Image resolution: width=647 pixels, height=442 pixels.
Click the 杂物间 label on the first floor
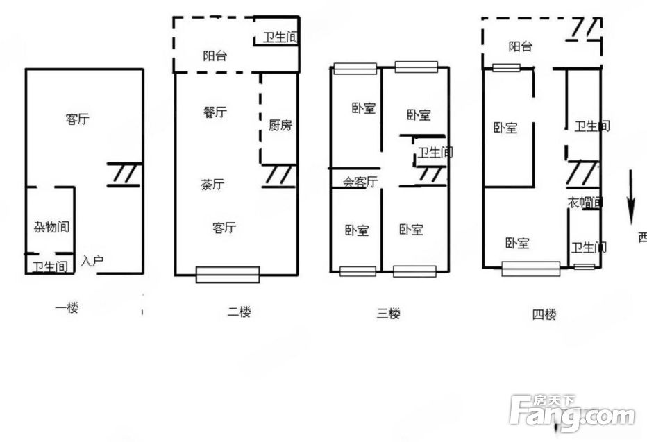click(51, 227)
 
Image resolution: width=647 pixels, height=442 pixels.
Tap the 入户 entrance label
click(92, 261)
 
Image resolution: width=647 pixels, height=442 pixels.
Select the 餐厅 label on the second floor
click(215, 112)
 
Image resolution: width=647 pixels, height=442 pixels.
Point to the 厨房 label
click(280, 125)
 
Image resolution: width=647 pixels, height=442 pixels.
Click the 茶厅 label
click(212, 184)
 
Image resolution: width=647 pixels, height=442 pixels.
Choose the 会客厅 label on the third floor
click(360, 181)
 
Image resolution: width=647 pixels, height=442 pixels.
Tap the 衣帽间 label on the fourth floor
click(585, 203)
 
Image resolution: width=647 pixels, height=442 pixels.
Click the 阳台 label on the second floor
click(215, 56)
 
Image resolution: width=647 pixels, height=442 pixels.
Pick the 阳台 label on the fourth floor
click(521, 46)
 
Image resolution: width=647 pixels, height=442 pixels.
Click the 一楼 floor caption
click(67, 307)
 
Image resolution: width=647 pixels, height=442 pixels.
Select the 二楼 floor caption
click(240, 312)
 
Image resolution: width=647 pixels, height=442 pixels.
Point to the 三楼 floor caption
click(388, 314)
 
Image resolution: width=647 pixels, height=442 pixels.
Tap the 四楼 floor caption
click(544, 314)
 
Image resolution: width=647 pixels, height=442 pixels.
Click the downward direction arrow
click(630, 197)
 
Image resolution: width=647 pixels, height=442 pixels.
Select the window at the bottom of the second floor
click(228, 275)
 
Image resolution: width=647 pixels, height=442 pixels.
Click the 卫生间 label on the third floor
click(435, 153)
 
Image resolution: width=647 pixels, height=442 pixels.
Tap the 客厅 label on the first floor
click(78, 119)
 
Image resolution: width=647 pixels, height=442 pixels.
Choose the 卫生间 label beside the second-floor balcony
click(280, 37)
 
